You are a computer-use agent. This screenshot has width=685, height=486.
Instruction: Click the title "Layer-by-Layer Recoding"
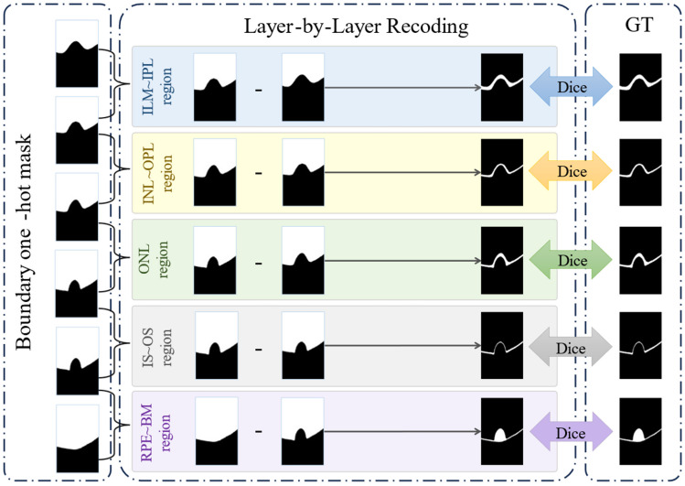pyautogui.click(x=356, y=27)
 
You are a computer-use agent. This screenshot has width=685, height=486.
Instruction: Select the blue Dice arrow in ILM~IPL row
pyautogui.click(x=573, y=86)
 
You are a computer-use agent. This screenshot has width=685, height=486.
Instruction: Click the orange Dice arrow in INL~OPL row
pyautogui.click(x=573, y=172)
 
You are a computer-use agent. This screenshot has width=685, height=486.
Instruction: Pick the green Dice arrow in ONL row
pyautogui.click(x=573, y=260)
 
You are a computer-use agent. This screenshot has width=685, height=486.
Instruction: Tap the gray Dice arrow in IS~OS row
pyautogui.click(x=573, y=348)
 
